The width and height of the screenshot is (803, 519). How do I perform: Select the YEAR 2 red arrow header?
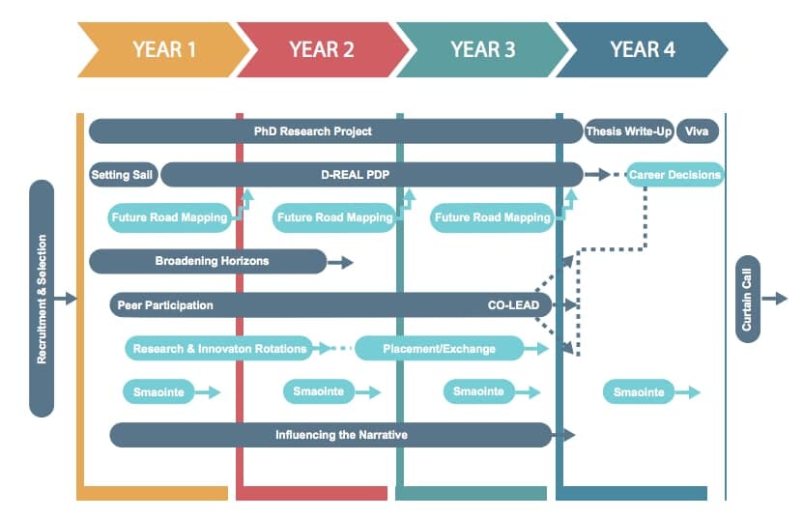(322, 49)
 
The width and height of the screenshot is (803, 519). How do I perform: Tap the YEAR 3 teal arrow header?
(481, 49)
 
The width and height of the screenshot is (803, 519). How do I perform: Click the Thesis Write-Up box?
(628, 130)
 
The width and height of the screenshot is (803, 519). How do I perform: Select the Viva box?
(697, 130)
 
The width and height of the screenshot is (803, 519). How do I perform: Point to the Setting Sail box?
(123, 175)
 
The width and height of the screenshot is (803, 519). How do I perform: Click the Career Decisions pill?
(674, 175)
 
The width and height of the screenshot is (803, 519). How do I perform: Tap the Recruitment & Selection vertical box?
(42, 299)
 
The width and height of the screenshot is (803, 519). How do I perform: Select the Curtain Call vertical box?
(747, 299)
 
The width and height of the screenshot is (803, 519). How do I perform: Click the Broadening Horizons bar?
(208, 261)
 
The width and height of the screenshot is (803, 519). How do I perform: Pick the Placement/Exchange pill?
(439, 348)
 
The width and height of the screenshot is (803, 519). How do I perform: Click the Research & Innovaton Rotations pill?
(219, 348)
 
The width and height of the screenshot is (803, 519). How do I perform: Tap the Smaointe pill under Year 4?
(639, 392)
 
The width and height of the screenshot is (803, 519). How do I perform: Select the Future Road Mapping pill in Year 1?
(168, 217)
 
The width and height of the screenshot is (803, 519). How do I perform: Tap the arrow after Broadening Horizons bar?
(342, 262)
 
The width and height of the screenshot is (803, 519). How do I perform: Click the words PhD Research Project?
(312, 130)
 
